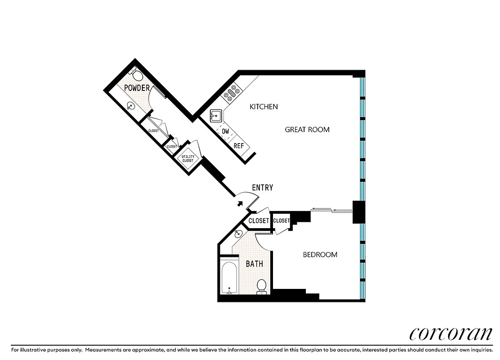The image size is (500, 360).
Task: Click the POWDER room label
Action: pyautogui.click(x=136, y=88)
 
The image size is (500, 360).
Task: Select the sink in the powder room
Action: pyautogui.click(x=130, y=107)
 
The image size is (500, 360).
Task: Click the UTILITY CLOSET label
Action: pyautogui.click(x=187, y=158)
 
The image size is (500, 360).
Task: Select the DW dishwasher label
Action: pyautogui.click(x=226, y=131)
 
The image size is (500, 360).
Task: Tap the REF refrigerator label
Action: pyautogui.click(x=239, y=146)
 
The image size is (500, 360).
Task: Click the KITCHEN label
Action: pyautogui.click(x=264, y=107)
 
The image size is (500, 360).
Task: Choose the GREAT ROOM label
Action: pyautogui.click(x=307, y=130)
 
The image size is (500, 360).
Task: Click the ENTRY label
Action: pyautogui.click(x=262, y=188)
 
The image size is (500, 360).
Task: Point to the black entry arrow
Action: pyautogui.click(x=240, y=203)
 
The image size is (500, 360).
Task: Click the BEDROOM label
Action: pyautogui.click(x=320, y=255)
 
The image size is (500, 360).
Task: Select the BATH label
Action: pyautogui.click(x=254, y=264)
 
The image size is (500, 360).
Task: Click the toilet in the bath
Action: pyautogui.click(x=261, y=286)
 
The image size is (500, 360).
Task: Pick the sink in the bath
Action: pyautogui.click(x=238, y=234)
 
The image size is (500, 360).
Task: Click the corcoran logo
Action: pyautogui.click(x=450, y=333)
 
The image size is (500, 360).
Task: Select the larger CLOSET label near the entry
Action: pyautogui.click(x=259, y=221)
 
